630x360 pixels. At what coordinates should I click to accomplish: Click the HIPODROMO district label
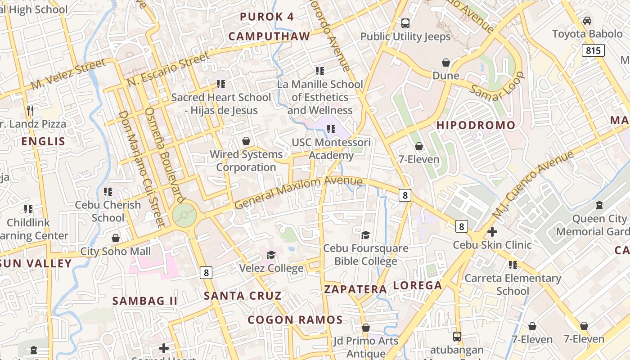click(476, 126)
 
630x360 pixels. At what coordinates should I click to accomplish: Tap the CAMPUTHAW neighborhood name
click(269, 36)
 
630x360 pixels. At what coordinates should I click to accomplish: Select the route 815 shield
click(593, 50)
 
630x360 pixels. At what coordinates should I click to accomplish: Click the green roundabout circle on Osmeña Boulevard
click(184, 215)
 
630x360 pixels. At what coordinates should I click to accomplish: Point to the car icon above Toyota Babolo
click(587, 21)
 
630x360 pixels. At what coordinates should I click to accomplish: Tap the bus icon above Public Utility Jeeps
click(405, 23)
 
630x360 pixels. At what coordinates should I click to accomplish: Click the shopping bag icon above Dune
click(446, 63)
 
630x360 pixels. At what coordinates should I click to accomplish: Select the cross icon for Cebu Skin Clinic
click(492, 232)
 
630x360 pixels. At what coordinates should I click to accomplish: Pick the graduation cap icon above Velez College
click(271, 255)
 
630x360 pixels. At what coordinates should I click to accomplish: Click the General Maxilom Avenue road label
click(298, 192)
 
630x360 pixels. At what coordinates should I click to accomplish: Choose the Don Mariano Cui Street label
click(141, 167)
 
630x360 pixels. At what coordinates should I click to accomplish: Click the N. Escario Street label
click(169, 69)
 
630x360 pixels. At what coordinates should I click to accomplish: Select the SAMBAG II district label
click(145, 301)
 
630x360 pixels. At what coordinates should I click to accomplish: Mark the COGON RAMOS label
click(295, 320)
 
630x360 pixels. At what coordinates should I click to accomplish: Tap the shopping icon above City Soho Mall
click(116, 238)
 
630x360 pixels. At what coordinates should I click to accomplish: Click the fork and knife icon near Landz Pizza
click(30, 110)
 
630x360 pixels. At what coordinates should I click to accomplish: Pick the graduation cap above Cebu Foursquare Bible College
click(365, 235)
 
